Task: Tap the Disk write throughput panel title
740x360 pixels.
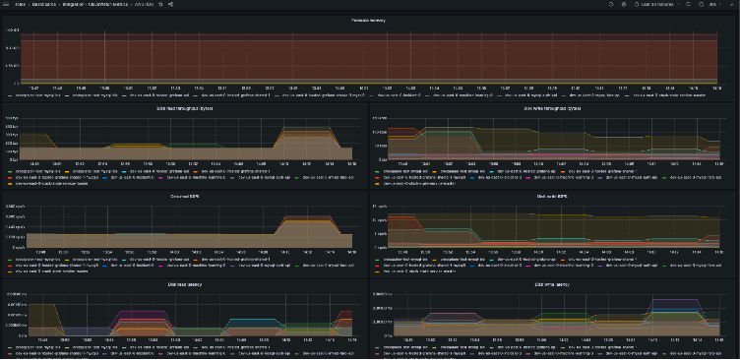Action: pyautogui.click(x=553, y=109)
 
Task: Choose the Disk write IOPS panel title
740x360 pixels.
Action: pyautogui.click(x=553, y=196)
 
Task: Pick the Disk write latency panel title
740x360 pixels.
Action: pyautogui.click(x=553, y=284)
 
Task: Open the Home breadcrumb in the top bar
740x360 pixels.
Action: pyautogui.click(x=20, y=5)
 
